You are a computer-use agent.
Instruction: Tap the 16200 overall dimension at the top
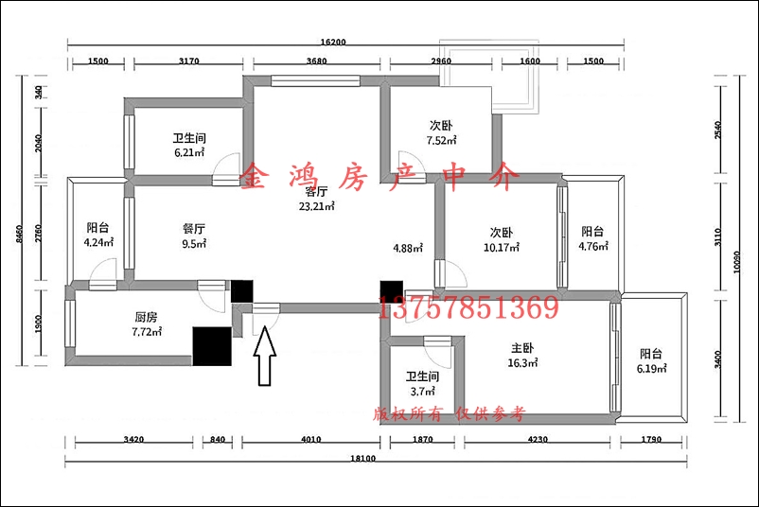pyautogui.click(x=333, y=42)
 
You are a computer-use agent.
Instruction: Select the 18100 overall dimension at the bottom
pyautogui.click(x=363, y=458)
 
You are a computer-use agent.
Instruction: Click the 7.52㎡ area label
pyautogui.click(x=441, y=141)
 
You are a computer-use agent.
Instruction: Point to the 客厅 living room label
pyautogui.click(x=317, y=191)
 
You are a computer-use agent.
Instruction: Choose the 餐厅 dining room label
pyautogui.click(x=194, y=229)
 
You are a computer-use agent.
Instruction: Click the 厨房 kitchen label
pyautogui.click(x=146, y=318)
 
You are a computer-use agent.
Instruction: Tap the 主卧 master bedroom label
pyautogui.click(x=522, y=348)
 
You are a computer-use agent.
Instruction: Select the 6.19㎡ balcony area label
pyautogui.click(x=651, y=369)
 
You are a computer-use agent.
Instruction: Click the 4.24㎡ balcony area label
pyautogui.click(x=98, y=242)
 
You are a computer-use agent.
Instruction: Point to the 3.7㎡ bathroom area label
pyautogui.click(x=423, y=392)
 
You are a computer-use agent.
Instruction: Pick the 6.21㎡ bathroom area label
pyautogui.click(x=189, y=153)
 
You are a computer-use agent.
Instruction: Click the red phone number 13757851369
pyautogui.click(x=468, y=306)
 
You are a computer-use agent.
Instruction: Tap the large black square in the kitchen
pyautogui.click(x=212, y=346)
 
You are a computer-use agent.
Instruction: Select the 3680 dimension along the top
pyautogui.click(x=317, y=61)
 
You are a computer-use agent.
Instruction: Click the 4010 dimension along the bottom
pyautogui.click(x=310, y=439)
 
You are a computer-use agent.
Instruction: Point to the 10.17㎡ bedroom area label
pyautogui.click(x=502, y=248)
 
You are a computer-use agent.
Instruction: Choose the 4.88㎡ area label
pyautogui.click(x=408, y=249)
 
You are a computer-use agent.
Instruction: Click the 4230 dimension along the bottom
pyautogui.click(x=538, y=439)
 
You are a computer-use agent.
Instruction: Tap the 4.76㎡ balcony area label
pyautogui.click(x=593, y=246)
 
